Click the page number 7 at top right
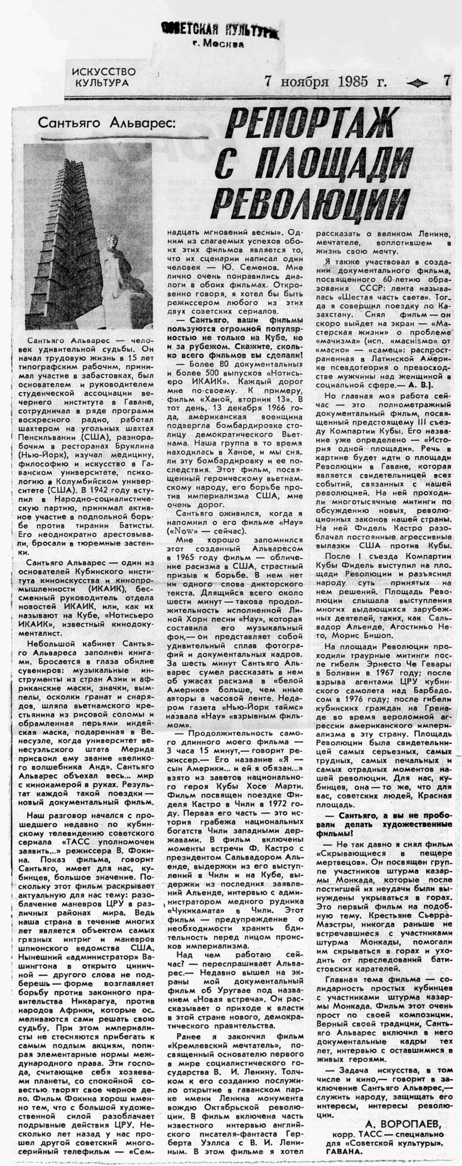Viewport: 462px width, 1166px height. click(x=447, y=81)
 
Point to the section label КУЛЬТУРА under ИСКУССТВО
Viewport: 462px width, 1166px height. click(x=101, y=83)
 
